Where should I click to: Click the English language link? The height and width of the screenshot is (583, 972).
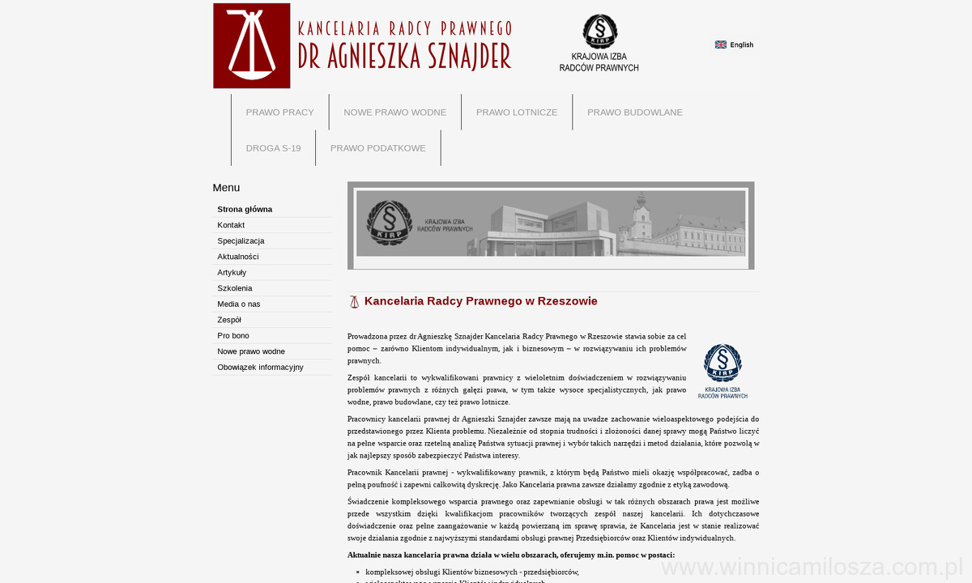[x=741, y=45]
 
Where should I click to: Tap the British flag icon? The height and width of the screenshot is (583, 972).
[x=720, y=45]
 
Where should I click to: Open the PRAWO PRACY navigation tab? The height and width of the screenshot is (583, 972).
[x=279, y=113]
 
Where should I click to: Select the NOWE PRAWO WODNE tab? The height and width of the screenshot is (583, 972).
[x=394, y=113]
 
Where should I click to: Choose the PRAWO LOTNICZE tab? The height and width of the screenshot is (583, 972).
[x=517, y=113]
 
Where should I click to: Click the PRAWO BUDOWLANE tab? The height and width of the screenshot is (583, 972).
[x=635, y=113]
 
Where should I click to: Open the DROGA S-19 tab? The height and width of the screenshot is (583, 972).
[x=273, y=148]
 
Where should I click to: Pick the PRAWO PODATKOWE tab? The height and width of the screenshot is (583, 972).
[x=377, y=148]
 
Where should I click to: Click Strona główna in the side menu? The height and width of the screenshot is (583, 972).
[x=245, y=210]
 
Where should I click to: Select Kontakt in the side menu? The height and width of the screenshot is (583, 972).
[x=231, y=225]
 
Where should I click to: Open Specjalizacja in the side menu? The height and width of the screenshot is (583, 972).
[x=241, y=241]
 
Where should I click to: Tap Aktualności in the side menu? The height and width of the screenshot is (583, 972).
[x=238, y=257]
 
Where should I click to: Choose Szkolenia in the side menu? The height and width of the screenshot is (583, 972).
[x=235, y=288]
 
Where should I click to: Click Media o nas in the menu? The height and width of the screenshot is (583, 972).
[x=239, y=304]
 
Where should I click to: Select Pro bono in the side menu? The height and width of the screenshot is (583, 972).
[x=233, y=336]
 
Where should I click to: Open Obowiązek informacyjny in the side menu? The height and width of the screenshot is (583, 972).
[x=260, y=368]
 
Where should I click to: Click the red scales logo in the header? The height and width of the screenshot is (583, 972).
[x=252, y=46]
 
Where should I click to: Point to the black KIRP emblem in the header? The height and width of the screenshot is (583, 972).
[x=599, y=32]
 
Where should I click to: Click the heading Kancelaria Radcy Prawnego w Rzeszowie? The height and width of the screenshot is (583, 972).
[x=481, y=301]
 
